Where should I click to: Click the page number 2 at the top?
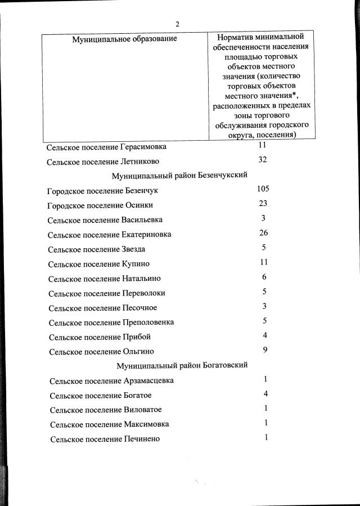[x=177, y=24]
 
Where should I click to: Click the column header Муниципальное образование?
[x=124, y=38]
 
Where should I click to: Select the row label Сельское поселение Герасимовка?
[x=107, y=147]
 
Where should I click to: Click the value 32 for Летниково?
[x=262, y=159]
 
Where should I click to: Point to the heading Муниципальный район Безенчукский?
[x=180, y=176]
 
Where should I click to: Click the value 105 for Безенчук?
[x=263, y=189]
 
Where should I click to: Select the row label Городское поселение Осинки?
[x=100, y=205]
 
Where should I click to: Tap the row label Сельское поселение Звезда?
[x=97, y=249]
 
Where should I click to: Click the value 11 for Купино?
[x=263, y=262]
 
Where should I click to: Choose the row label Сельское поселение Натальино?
[x=105, y=278]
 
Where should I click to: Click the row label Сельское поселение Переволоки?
[x=107, y=293]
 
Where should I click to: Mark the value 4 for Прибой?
[x=264, y=335]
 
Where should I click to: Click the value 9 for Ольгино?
[x=264, y=350]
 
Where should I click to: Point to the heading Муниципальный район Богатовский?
[x=182, y=365]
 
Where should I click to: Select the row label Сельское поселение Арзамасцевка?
[x=111, y=380]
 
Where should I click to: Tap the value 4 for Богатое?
[x=265, y=393]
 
